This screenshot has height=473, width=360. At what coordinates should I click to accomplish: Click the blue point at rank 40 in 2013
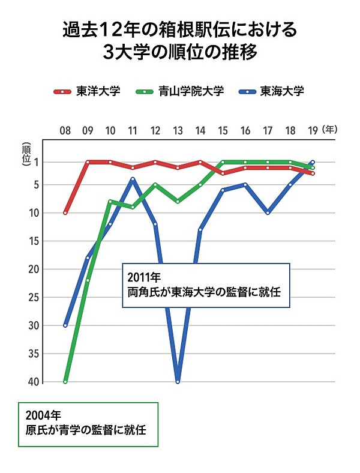coord(178,382)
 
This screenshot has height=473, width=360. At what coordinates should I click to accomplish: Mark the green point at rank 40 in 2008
coord(65,382)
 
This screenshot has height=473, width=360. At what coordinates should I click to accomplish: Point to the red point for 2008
coord(65,212)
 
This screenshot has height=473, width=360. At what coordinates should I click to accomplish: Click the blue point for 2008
coord(65,325)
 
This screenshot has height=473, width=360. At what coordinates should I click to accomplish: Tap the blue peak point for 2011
coord(133,179)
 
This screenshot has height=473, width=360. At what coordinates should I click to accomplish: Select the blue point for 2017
coord(268,212)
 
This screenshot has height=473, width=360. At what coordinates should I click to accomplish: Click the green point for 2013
coord(178,202)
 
